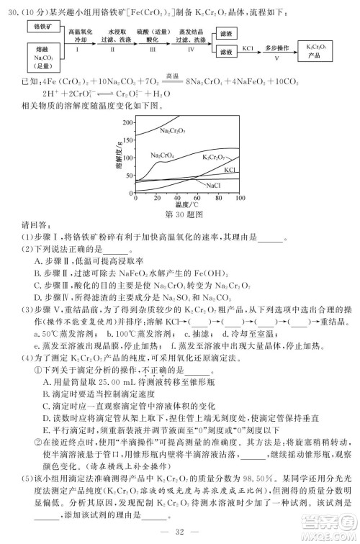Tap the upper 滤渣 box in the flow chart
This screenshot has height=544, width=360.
[227, 33]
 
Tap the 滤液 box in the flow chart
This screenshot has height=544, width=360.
[227, 52]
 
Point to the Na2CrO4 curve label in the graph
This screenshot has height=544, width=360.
[163, 155]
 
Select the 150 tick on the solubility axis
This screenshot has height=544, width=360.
[128, 140]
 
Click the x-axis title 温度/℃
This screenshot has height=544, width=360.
[189, 205]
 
